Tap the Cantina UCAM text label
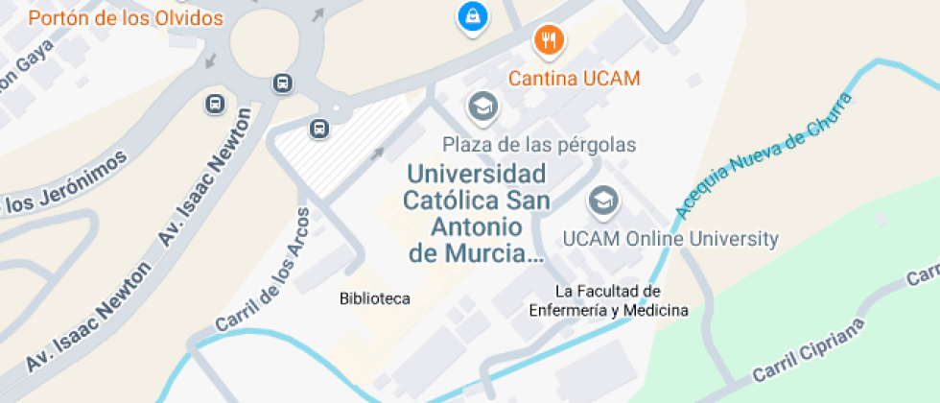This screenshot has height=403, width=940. [x=574, y=79]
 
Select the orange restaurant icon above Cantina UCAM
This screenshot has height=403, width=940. [x=549, y=39]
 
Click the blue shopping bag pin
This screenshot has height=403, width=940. [x=472, y=15]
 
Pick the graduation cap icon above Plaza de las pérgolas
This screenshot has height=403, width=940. [x=482, y=107]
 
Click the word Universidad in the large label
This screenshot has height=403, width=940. [x=477, y=175]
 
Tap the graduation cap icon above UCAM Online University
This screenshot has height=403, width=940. [x=602, y=201]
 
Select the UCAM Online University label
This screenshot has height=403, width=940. [x=670, y=238]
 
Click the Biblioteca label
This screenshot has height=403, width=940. [x=374, y=298]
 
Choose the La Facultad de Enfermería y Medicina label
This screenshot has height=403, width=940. [x=608, y=299]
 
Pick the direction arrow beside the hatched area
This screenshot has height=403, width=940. [x=378, y=152]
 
